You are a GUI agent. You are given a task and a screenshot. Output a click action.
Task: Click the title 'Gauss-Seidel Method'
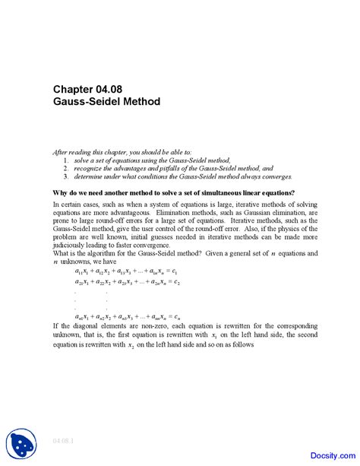106,102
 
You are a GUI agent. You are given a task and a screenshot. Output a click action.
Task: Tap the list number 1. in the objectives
66,161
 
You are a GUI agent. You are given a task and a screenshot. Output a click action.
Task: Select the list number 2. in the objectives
66,169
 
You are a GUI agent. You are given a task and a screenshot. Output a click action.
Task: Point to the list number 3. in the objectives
66,176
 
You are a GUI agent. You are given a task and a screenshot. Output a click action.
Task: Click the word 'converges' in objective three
254,176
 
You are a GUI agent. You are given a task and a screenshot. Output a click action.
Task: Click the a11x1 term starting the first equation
84,271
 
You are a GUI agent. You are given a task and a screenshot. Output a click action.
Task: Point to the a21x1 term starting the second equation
84,282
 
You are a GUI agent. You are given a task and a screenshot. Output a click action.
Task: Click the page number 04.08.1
63,440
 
